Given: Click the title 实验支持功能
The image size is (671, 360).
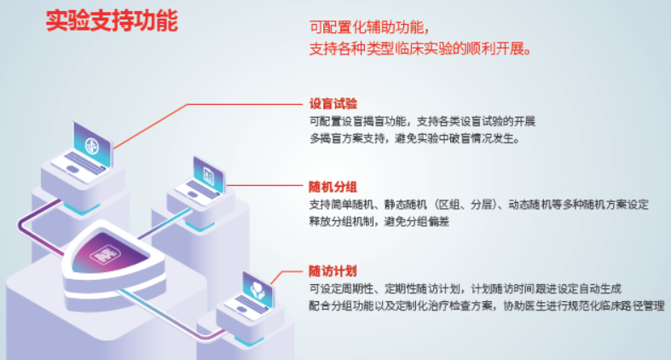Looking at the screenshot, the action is coord(112,21).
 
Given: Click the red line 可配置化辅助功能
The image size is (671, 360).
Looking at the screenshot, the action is coord(369,27).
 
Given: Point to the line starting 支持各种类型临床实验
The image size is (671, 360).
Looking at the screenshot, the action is coord(420,49).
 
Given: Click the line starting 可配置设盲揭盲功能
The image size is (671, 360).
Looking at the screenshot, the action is coord(422,122).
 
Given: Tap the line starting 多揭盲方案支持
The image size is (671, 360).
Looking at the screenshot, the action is coord(414,139).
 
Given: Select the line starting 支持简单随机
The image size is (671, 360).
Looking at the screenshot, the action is coord(479,205).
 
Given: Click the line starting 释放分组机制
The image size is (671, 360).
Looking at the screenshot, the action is coord(379,222).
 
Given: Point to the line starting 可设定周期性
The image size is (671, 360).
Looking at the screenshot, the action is coord(466,289).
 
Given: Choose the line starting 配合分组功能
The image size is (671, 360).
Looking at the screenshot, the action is coord(487,306).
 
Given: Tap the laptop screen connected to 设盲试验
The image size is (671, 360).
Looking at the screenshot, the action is coord(92,145).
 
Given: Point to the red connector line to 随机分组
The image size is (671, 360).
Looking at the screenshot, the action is coord(264,186).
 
